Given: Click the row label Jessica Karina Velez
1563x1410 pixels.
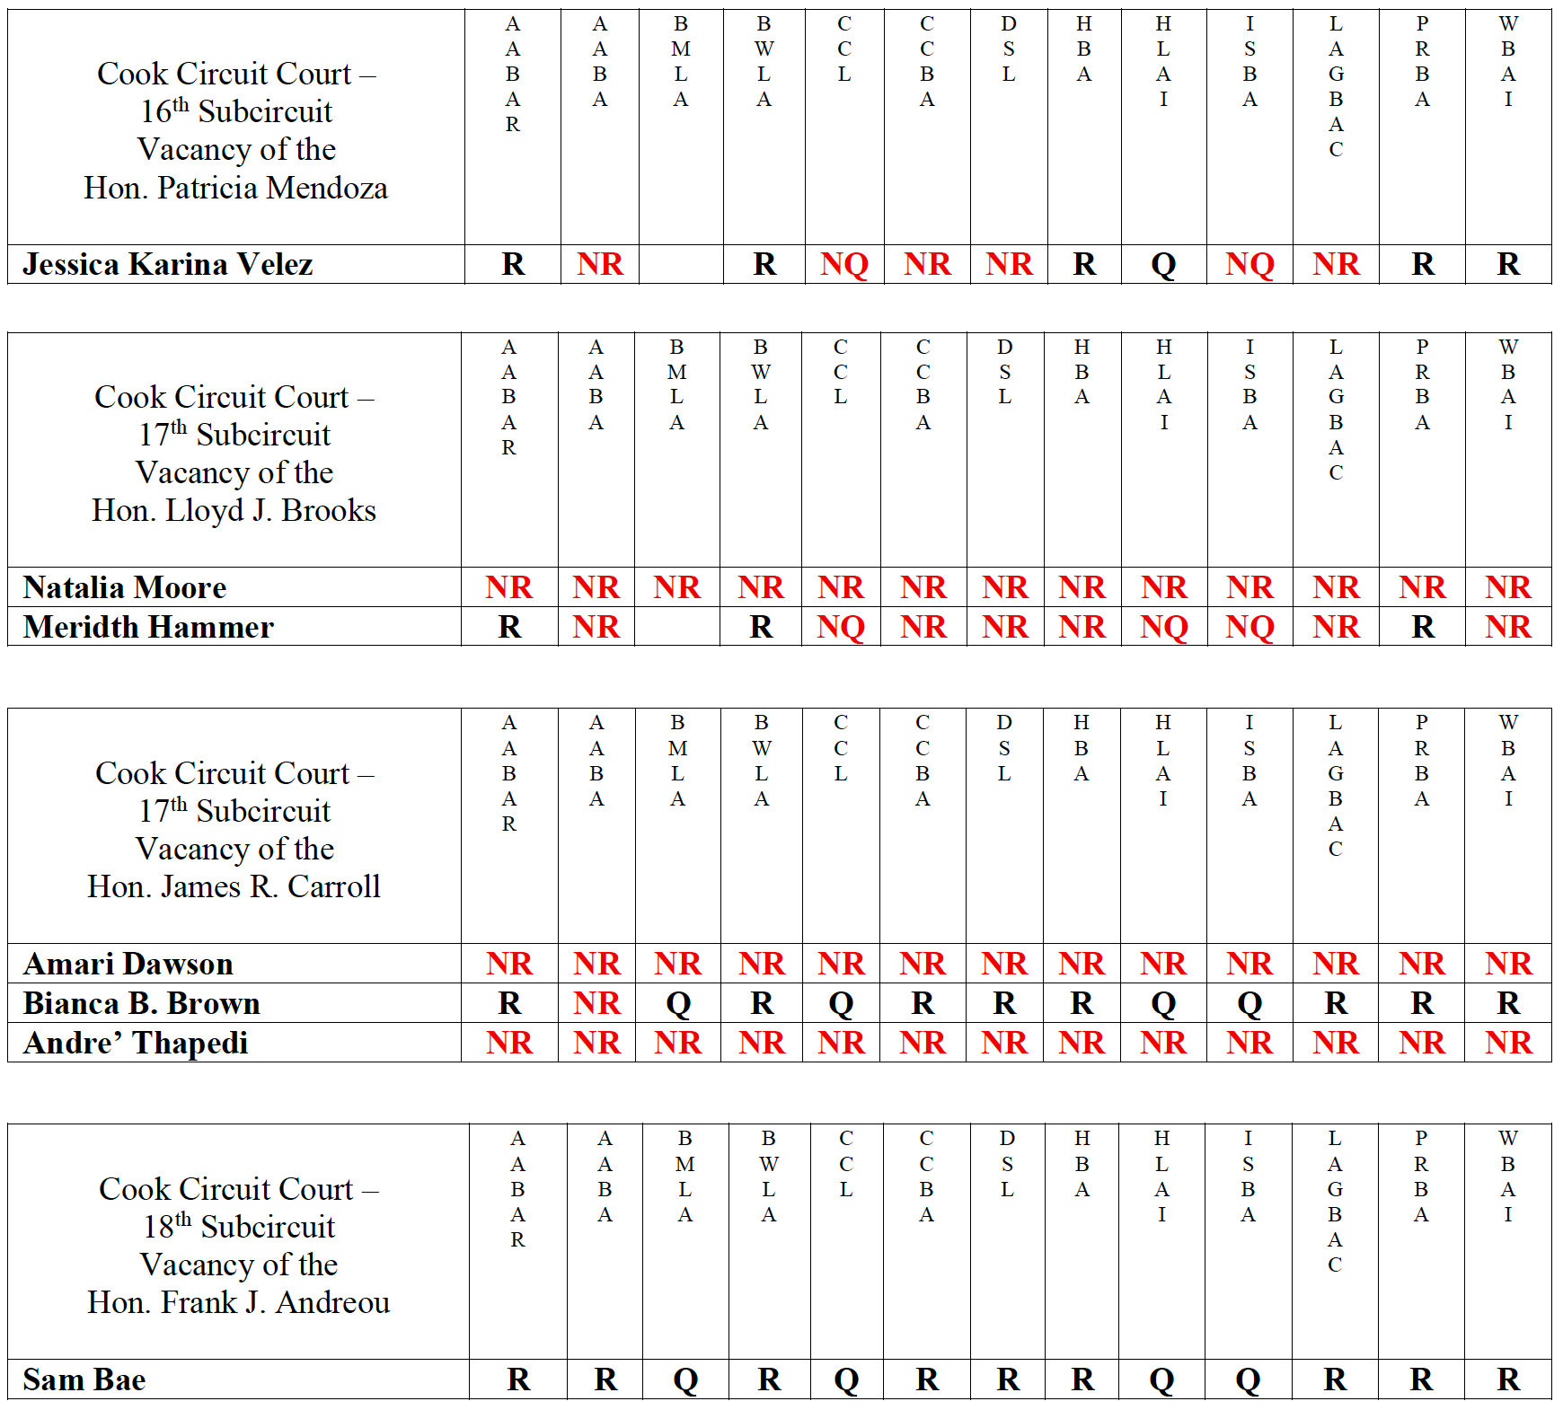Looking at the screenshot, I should pos(168,264).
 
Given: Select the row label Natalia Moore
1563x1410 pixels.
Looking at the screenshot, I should pos(125,587).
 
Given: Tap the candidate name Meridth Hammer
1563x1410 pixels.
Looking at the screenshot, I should pos(148,627).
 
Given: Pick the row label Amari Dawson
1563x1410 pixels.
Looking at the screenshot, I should pos(128,964).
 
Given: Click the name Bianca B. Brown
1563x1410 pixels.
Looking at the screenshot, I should pos(142,1003).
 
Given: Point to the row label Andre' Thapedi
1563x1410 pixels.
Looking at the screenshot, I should pos(136,1043).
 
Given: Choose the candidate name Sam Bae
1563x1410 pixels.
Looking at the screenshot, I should pos(84,1379).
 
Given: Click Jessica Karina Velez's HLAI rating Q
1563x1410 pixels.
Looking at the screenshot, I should pos(1163,264).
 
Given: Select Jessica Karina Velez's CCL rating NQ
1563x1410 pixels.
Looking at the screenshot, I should pos(844,264).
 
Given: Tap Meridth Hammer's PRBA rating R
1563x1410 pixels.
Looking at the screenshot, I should pos(1422,627).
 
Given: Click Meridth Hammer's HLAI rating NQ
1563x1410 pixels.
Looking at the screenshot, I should pos(1164,627).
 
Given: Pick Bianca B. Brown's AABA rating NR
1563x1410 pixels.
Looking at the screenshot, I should pos(597,1003).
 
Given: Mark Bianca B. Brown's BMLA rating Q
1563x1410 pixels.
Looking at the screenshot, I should pos(678,1003).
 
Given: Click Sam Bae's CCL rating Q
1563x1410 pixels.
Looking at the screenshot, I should pos(846,1379).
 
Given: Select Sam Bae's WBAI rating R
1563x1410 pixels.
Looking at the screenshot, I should pos(1508,1379).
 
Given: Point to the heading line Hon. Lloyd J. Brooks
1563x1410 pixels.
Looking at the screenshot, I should pos(234,510).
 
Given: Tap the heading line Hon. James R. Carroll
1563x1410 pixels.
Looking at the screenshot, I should pos(234,886).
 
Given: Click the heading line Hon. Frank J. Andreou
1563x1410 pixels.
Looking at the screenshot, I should pos(238,1302).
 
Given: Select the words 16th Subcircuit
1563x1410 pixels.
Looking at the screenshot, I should pos(236,111).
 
